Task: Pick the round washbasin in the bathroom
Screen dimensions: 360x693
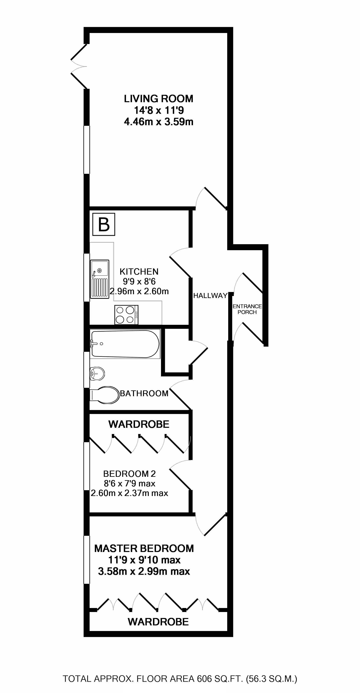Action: click(x=97, y=373)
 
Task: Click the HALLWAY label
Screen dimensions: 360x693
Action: click(x=210, y=296)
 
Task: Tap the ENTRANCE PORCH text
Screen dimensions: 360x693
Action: click(x=247, y=309)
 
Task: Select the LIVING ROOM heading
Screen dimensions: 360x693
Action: click(x=158, y=99)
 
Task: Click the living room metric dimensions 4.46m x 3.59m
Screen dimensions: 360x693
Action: click(x=158, y=122)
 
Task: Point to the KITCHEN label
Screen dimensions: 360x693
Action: click(x=139, y=271)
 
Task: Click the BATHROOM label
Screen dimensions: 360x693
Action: click(x=144, y=393)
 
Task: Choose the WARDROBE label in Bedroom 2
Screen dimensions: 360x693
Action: click(x=139, y=424)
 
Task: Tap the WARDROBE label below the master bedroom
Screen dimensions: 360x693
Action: click(x=158, y=622)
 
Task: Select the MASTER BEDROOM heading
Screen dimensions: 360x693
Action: click(x=144, y=548)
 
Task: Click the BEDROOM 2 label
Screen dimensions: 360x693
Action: click(x=129, y=473)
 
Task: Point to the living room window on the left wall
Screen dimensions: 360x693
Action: click(x=86, y=150)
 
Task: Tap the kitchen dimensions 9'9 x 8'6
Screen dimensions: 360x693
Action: click(x=139, y=281)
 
